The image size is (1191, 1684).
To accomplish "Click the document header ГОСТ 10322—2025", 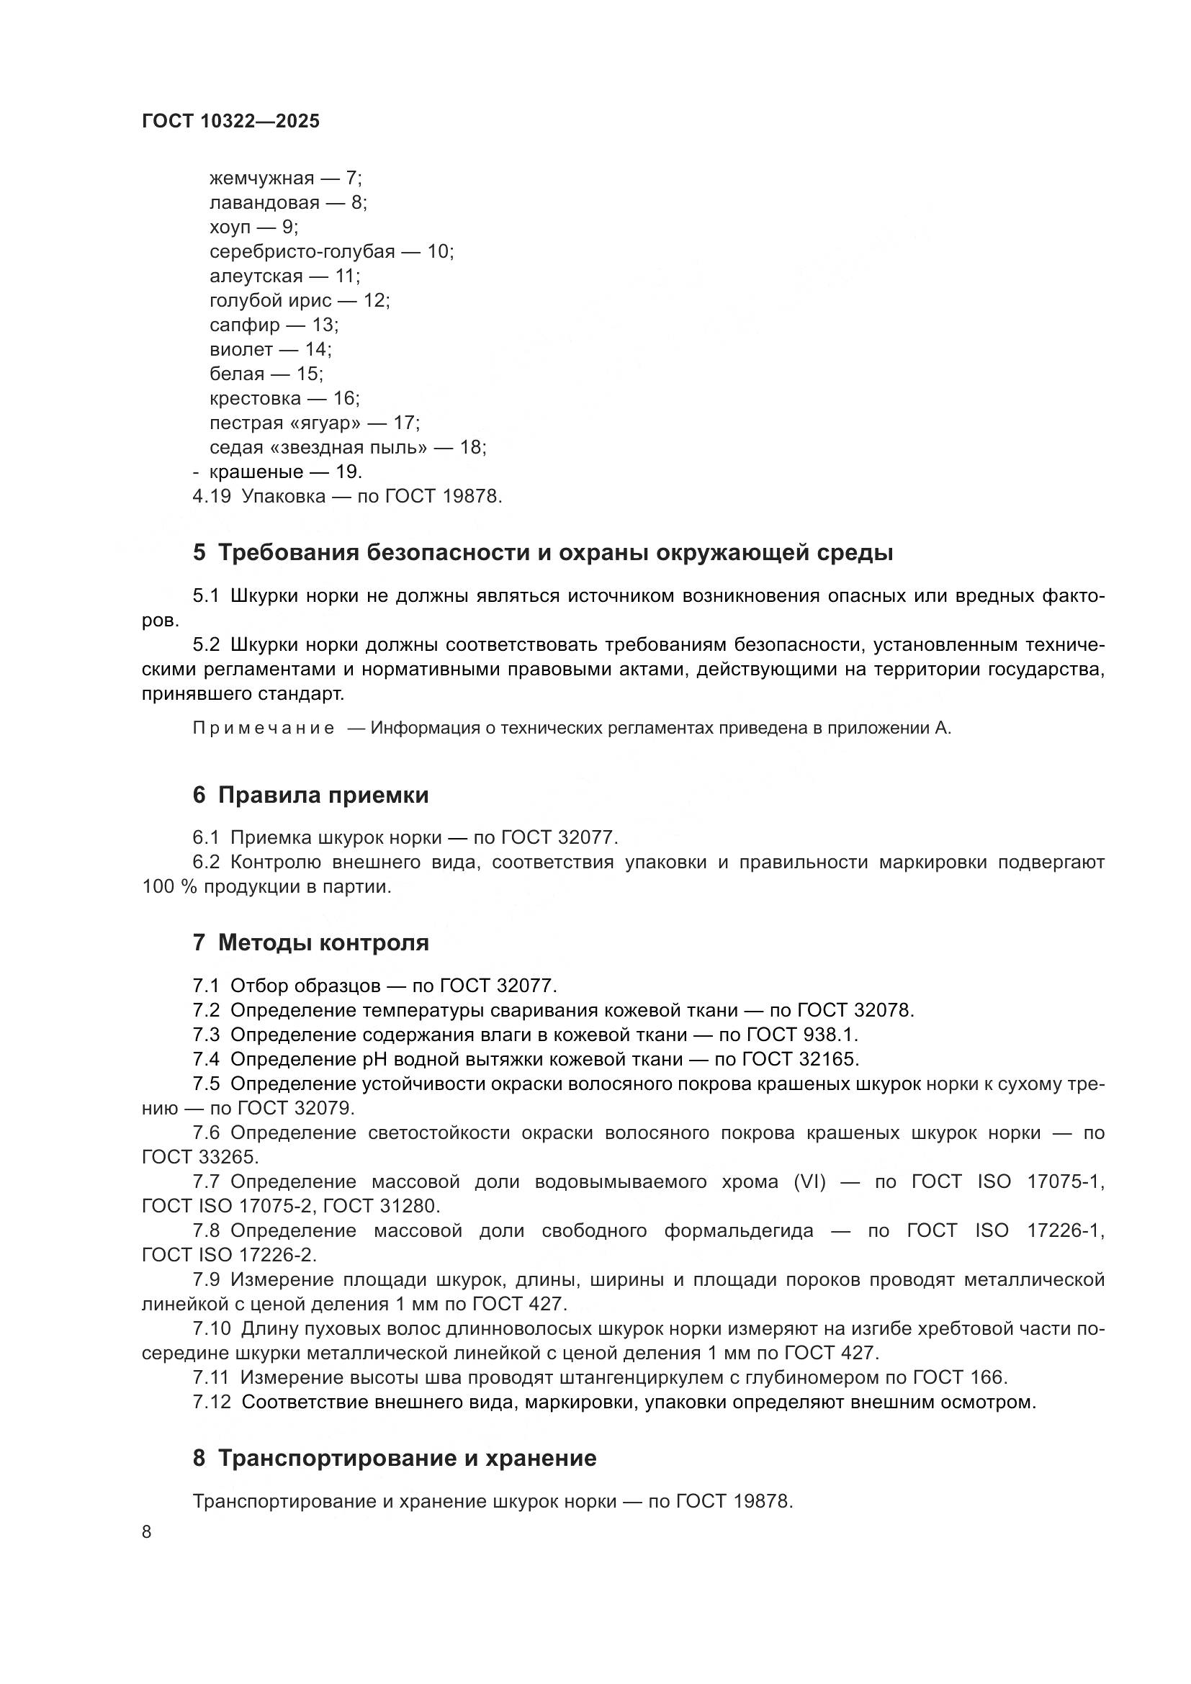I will tap(231, 122).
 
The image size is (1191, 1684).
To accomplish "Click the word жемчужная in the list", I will tap(262, 179).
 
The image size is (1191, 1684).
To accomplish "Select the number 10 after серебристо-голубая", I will tap(438, 251).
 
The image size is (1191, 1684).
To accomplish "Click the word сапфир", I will tap(245, 325).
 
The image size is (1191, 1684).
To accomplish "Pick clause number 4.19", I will tap(211, 497).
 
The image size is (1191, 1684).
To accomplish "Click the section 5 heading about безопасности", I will tap(543, 552).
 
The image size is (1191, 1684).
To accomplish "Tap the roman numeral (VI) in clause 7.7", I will tap(809, 1181).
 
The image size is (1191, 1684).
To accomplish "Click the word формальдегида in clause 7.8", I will tap(739, 1230).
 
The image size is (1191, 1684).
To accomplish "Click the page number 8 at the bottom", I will tap(147, 1532).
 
